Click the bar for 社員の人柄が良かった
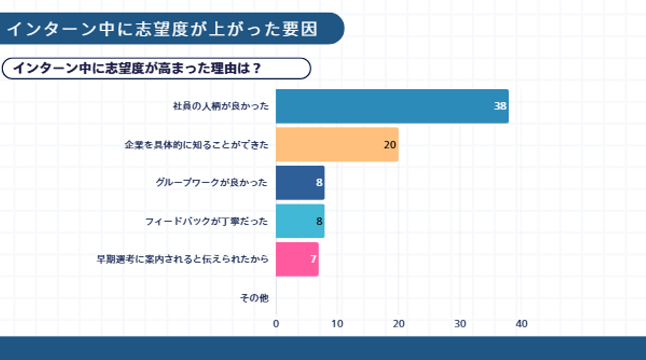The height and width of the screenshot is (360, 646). [x=392, y=106]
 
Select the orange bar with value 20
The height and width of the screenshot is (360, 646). [x=337, y=144]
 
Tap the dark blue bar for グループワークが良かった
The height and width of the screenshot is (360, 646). [x=300, y=183]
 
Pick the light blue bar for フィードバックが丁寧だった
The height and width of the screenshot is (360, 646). [x=300, y=221]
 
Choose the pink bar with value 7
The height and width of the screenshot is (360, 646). [x=297, y=259]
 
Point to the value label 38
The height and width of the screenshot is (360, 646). [x=500, y=106]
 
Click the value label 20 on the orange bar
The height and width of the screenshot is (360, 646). [x=390, y=145]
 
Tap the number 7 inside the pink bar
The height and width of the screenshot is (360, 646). [x=313, y=259]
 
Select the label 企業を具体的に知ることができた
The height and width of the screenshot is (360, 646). [x=196, y=145]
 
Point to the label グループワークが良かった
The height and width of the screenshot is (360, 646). [x=212, y=183]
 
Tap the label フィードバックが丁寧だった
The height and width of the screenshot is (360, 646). [x=207, y=221]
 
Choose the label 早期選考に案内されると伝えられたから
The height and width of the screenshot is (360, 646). [x=183, y=259]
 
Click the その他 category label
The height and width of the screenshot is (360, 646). [x=254, y=298]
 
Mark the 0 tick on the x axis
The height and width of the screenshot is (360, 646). [x=276, y=324]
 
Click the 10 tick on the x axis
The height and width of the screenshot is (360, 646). [x=337, y=324]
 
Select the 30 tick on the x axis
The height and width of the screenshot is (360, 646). [x=460, y=324]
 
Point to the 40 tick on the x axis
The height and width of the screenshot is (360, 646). [x=521, y=324]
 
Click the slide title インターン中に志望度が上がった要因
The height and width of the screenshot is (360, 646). [x=162, y=29]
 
